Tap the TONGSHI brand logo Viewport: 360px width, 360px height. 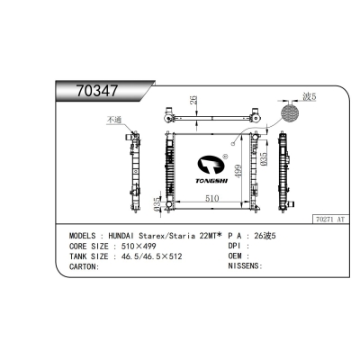coord(210,170)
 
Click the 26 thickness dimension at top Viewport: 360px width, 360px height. coord(192,101)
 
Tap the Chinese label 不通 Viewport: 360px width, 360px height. coord(114,121)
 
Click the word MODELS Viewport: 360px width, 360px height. coord(85,234)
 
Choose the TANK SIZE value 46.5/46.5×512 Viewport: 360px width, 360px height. coord(158,256)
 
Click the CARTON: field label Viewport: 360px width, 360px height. coord(85,266)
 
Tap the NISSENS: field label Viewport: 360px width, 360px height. coord(245,266)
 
